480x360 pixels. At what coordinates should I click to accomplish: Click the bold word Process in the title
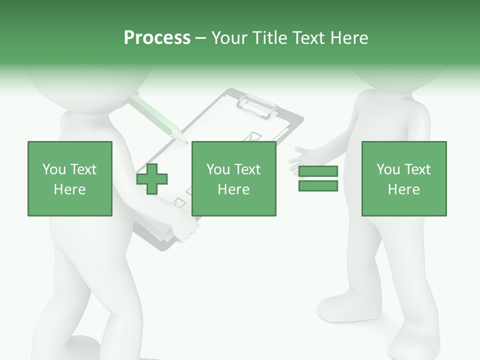(x=157, y=38)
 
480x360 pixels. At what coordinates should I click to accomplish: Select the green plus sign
(x=152, y=178)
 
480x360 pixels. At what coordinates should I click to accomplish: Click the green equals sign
(x=318, y=178)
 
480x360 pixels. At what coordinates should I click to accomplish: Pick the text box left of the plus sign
(x=70, y=178)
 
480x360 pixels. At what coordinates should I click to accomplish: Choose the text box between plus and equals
(x=233, y=178)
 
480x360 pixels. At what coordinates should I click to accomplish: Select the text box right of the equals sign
(x=403, y=178)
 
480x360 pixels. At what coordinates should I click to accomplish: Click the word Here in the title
(x=350, y=38)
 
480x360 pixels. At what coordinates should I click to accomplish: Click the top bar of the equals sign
(x=318, y=171)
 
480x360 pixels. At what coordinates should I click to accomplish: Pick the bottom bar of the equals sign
(x=318, y=186)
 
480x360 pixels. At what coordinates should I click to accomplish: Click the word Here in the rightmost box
(x=403, y=189)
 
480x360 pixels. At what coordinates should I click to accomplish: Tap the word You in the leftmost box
(x=54, y=169)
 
